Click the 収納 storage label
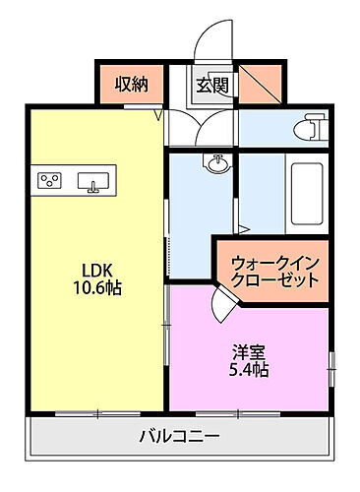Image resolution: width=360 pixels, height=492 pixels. tap(131, 85)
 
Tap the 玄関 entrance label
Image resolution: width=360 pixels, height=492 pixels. tap(211, 86)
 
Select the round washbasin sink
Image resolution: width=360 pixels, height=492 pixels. tap(215, 162)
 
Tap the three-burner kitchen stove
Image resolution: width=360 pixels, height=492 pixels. tap(50, 179)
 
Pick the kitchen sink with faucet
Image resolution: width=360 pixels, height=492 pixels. tap(95, 182)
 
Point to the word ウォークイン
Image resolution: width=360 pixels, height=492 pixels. tap(274, 263)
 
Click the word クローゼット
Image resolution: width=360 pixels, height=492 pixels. tap(274, 279)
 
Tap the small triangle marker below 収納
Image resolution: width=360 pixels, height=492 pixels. tap(155, 111)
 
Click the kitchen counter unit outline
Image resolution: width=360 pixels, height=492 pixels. tap(75, 180)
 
